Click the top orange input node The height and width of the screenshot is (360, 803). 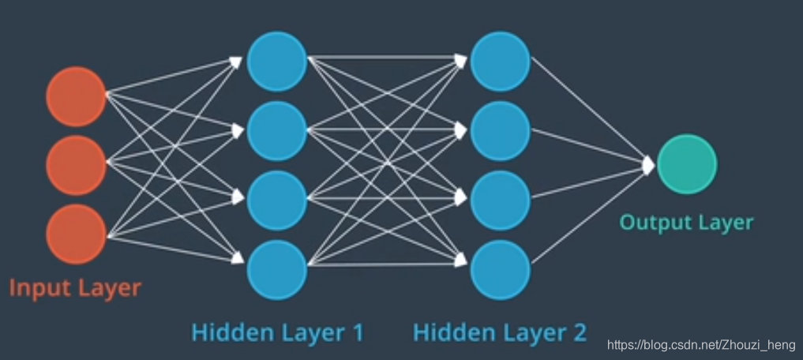coord(76,96)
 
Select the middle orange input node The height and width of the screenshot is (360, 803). coord(76,165)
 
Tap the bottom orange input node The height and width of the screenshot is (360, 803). coord(76,234)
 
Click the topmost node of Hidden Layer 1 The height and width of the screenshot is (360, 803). coord(276,61)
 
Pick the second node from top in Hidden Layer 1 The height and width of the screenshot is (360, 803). coord(276,130)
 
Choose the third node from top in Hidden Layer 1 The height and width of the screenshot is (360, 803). coord(276,200)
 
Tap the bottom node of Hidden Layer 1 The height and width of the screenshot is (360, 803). coord(276,269)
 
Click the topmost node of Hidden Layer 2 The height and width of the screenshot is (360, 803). coord(500,61)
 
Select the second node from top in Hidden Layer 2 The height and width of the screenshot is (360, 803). coord(500,130)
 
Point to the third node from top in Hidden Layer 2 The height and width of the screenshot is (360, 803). coord(500,200)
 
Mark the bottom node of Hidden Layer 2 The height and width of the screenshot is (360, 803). coord(500,269)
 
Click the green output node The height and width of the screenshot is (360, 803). coord(687,164)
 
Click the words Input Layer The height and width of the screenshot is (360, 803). coord(75,287)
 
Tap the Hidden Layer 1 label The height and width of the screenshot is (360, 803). coord(277,332)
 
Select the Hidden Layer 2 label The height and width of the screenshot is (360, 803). coord(500,332)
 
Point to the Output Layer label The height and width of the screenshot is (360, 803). coord(686,223)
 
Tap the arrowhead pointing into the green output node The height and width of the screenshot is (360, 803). coord(649,164)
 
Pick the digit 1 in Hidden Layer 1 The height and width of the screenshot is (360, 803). coord(356,332)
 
